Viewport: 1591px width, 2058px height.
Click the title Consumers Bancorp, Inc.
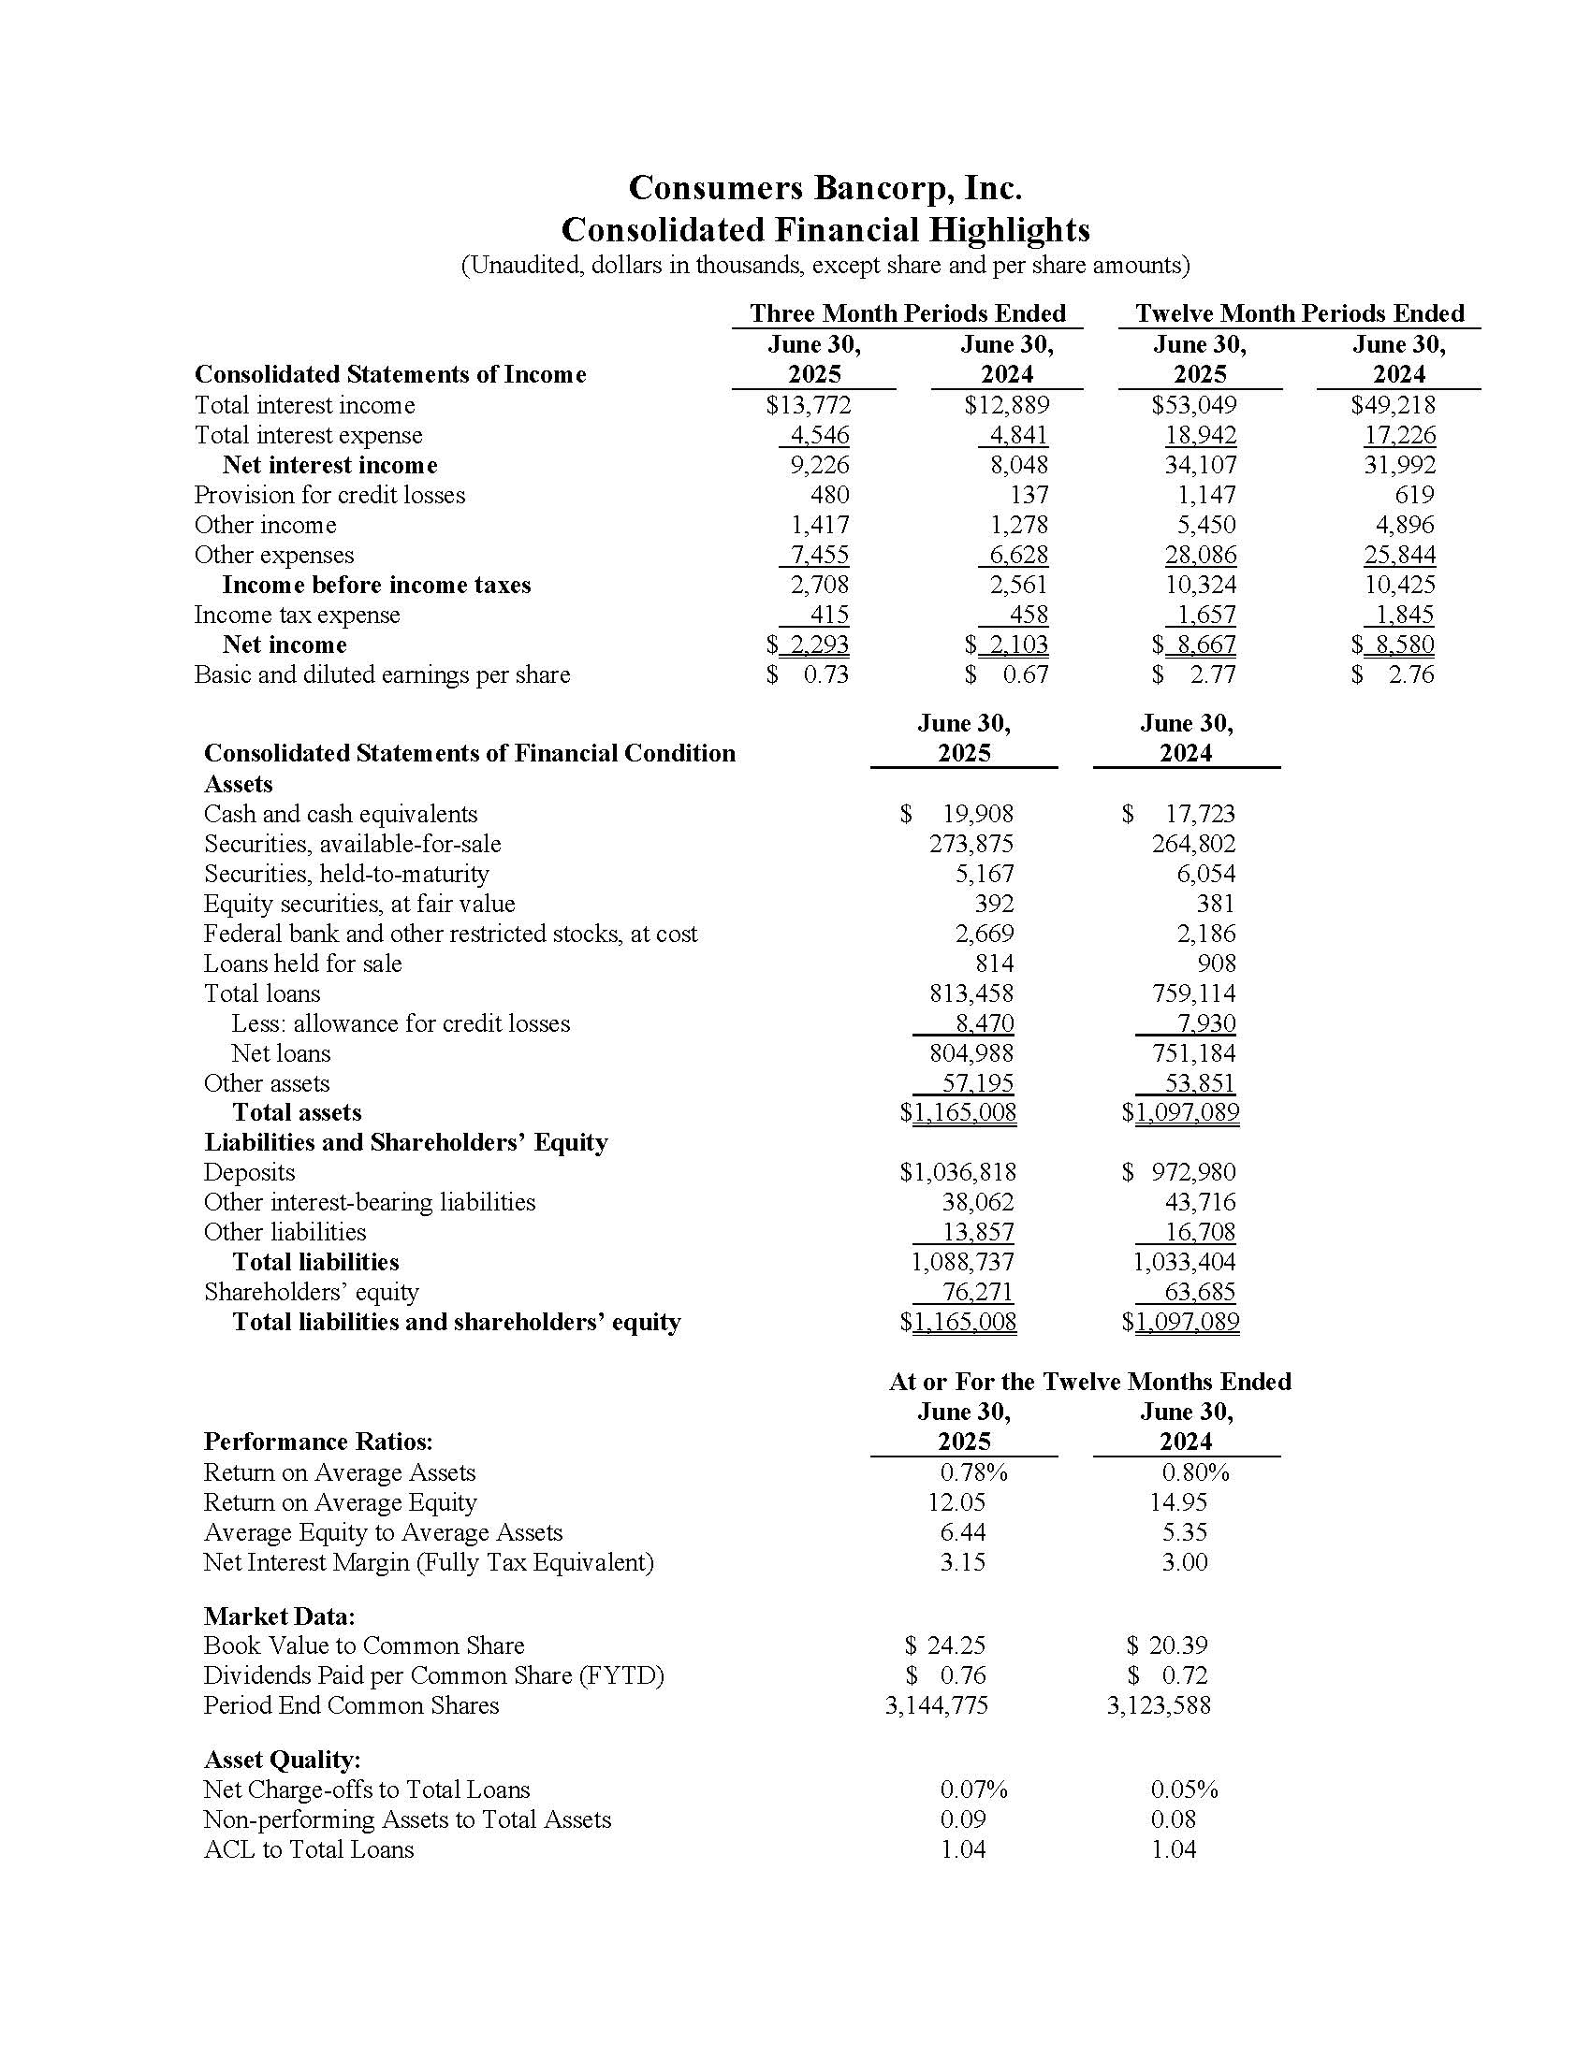coord(825,188)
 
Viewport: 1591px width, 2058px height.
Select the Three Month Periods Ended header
coord(907,312)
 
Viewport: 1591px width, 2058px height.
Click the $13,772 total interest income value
coord(809,405)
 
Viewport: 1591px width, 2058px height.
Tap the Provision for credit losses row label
coord(328,495)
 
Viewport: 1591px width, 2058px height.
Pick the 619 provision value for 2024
coord(1414,495)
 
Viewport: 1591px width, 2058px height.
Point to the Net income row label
coord(284,645)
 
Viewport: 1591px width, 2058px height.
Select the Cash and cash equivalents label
coord(341,814)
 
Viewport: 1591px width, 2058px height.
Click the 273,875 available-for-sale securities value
coord(971,844)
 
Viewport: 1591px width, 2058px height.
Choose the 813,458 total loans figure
coord(971,993)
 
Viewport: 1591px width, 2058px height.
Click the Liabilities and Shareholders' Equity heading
coord(405,1142)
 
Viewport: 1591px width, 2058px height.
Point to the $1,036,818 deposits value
coord(957,1172)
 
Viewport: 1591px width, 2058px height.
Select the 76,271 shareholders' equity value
coord(977,1292)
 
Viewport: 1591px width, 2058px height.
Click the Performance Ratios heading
coord(317,1442)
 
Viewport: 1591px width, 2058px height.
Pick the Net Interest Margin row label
coord(428,1561)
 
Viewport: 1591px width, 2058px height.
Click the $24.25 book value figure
coord(945,1645)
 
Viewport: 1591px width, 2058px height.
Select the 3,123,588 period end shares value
coord(1159,1704)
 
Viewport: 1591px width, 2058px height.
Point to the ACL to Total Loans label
coord(308,1848)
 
